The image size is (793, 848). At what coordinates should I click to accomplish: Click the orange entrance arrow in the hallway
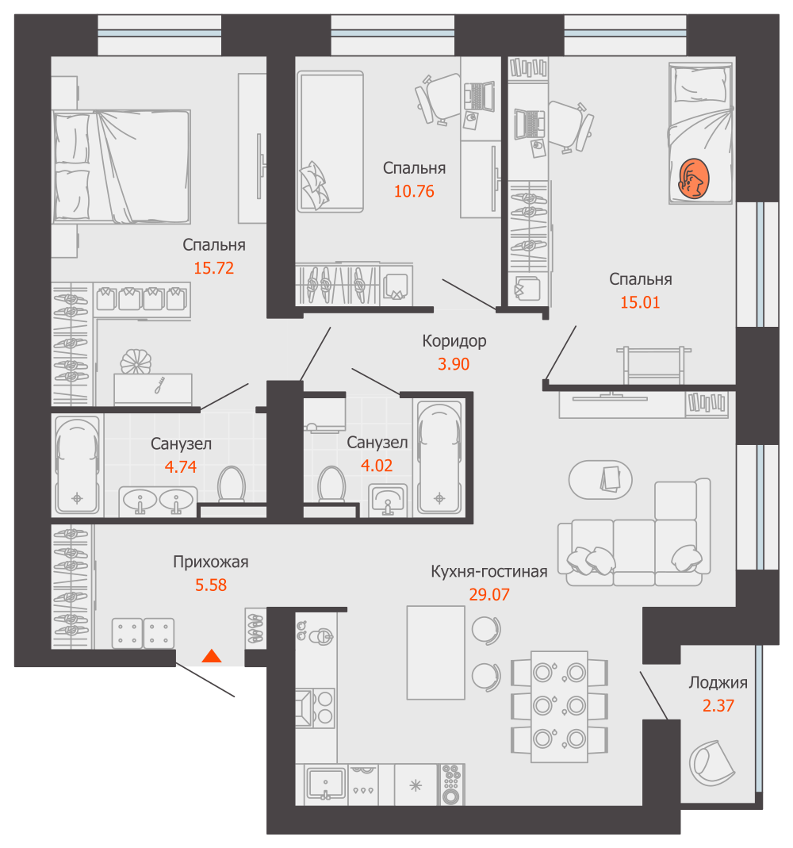click(211, 656)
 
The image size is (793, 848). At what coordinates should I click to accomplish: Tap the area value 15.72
click(213, 268)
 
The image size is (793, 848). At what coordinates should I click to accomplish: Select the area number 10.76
click(414, 191)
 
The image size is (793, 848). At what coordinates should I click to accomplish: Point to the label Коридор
click(454, 342)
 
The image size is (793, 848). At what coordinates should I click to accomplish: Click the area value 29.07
click(488, 594)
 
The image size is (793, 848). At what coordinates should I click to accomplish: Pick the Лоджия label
click(718, 682)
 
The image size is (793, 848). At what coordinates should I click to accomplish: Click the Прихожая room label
click(211, 562)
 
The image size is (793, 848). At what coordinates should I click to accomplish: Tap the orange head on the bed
click(694, 178)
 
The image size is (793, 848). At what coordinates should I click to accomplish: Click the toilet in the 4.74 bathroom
click(232, 484)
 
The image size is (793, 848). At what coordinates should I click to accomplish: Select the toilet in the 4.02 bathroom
click(330, 484)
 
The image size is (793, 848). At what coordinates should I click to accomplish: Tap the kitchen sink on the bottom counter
click(325, 784)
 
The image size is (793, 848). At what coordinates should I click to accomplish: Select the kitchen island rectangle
click(435, 652)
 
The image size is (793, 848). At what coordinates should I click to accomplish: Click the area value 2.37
click(718, 705)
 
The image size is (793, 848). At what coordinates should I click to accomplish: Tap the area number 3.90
click(454, 364)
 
